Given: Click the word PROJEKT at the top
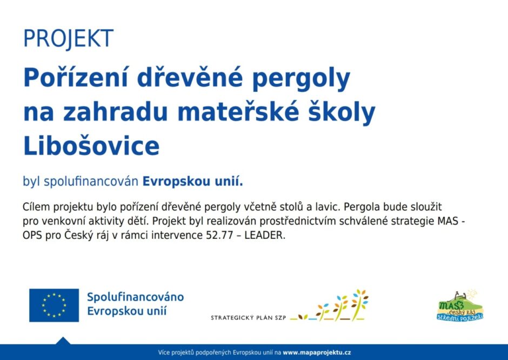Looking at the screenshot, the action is [68, 38].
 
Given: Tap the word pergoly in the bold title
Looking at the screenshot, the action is [302, 79].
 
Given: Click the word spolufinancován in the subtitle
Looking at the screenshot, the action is [91, 182].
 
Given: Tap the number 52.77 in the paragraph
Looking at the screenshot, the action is [219, 235].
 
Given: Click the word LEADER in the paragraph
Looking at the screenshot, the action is [265, 235].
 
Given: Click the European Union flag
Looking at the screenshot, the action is [54, 305].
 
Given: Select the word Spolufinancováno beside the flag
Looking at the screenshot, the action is [136, 297].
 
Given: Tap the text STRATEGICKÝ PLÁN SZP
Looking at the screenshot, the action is [249, 318].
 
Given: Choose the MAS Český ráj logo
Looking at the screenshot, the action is [460, 305].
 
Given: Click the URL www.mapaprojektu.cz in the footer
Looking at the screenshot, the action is [317, 352].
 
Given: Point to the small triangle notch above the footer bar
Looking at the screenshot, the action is [63, 341].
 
